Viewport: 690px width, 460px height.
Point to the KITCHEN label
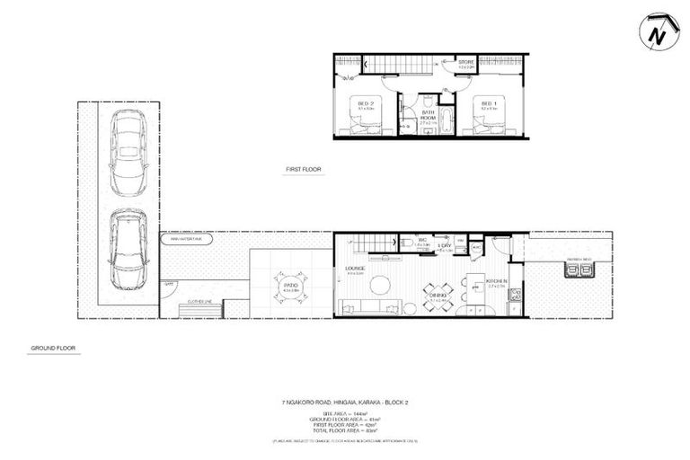point(497,281)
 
